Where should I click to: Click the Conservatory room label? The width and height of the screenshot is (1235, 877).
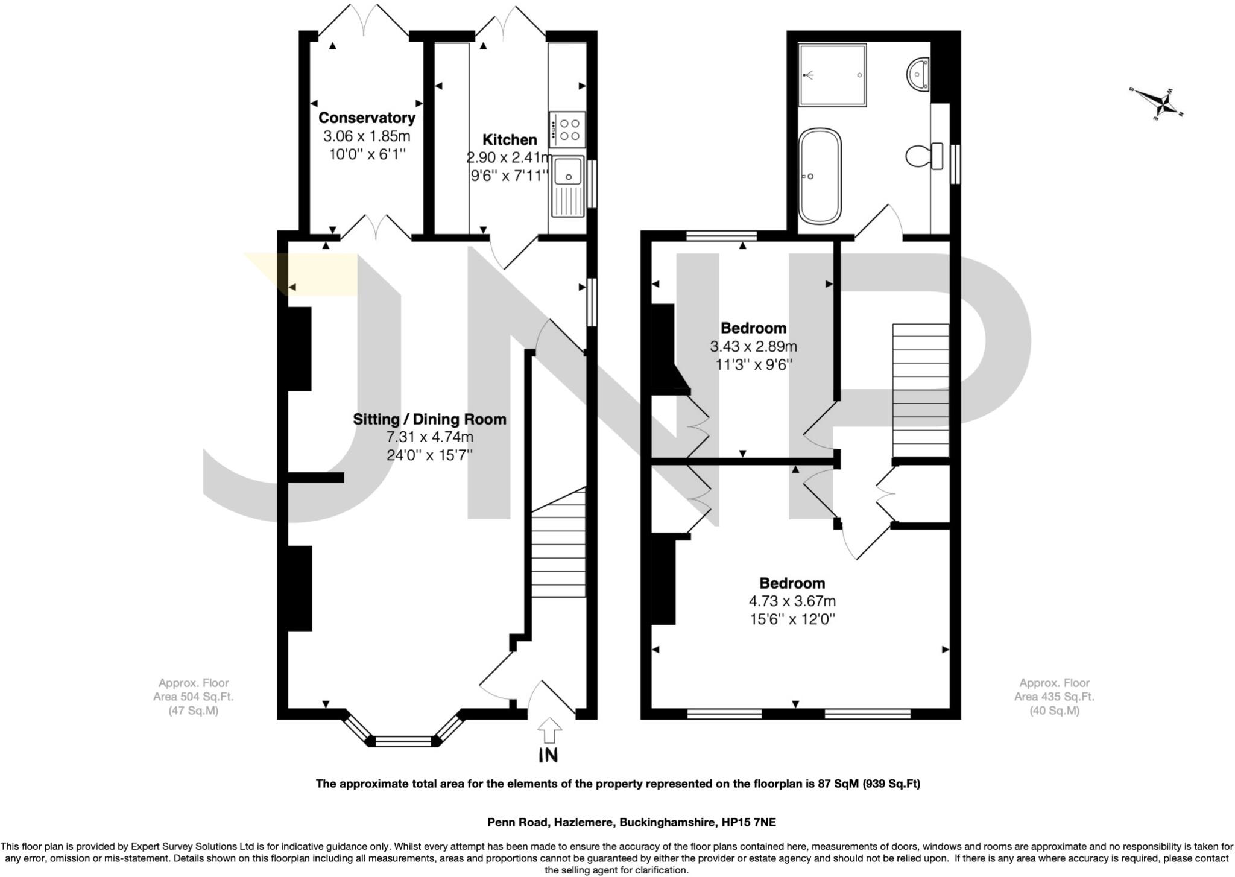point(367,118)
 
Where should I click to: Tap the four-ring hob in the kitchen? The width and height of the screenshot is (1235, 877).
point(567,130)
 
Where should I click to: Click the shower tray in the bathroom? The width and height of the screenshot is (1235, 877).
point(833,75)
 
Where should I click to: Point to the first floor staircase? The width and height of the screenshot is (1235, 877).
point(920,391)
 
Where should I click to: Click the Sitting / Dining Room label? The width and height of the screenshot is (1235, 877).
point(429,419)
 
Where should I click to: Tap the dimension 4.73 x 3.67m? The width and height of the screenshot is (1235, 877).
point(792,601)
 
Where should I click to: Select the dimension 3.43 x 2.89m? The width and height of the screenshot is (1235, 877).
point(753,346)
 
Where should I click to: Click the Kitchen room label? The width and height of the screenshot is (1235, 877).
point(510,139)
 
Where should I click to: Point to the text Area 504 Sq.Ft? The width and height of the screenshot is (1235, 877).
point(193,696)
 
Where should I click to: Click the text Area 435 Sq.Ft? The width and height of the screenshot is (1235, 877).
point(1053,696)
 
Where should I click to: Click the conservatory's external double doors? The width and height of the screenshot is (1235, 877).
point(364,21)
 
